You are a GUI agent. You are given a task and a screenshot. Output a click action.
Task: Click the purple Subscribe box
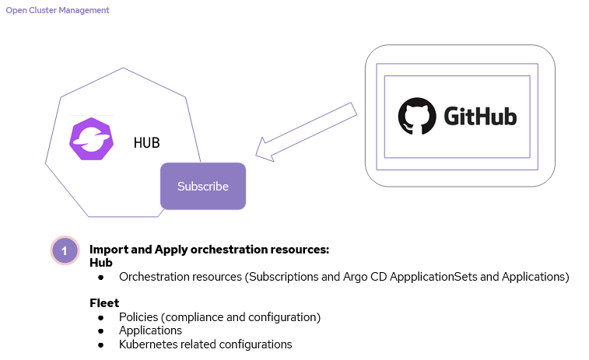[x=203, y=187]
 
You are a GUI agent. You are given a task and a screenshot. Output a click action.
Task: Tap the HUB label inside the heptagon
[x=146, y=143]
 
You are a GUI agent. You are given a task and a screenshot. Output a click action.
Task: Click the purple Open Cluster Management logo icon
[x=91, y=139]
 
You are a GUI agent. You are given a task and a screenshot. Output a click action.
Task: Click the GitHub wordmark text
[x=480, y=117]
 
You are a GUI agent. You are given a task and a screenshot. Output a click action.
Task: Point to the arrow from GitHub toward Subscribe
[x=305, y=133]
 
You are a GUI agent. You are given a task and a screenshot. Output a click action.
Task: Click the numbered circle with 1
[x=65, y=250]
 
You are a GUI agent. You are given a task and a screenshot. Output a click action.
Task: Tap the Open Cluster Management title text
[x=58, y=11]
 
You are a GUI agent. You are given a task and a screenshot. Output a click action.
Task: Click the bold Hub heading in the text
[x=101, y=263]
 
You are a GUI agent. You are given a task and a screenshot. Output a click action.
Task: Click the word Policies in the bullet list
[x=138, y=317]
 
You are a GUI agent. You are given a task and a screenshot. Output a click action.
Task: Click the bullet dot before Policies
[x=100, y=318]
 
